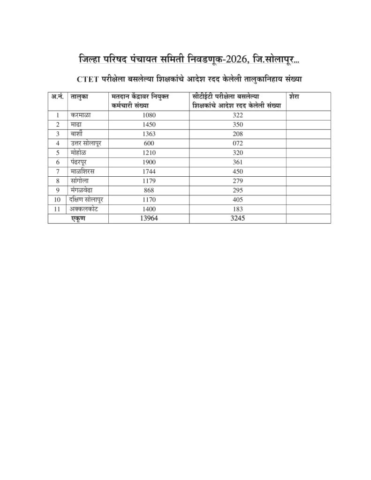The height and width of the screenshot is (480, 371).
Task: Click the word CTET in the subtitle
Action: (88, 80)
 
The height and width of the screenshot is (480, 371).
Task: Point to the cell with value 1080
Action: (149, 115)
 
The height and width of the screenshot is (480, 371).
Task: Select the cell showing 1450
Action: (149, 124)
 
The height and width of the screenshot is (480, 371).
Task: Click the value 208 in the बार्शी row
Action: (238, 134)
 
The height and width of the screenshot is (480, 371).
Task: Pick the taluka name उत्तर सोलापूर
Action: (86, 143)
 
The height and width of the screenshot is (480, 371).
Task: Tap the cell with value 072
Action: (238, 143)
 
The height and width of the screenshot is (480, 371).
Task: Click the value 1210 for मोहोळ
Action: (149, 152)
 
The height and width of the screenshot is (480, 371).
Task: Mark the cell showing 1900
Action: (149, 162)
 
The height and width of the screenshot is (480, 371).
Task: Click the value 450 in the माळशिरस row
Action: (238, 172)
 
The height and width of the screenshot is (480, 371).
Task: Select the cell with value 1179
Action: (149, 181)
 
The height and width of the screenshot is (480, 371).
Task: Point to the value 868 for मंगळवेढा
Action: (149, 190)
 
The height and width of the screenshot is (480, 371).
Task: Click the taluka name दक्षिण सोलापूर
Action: (87, 200)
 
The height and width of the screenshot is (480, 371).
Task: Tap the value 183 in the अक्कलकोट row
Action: (238, 209)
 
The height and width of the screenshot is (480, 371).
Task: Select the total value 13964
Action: (149, 218)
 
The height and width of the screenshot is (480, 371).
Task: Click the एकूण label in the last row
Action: (78, 218)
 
